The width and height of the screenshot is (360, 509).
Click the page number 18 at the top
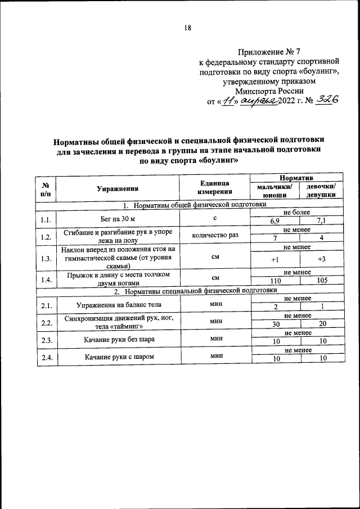click(x=187, y=29)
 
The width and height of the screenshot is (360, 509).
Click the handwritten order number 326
click(x=326, y=100)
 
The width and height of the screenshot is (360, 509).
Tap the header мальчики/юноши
click(x=274, y=191)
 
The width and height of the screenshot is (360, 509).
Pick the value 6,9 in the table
click(x=275, y=221)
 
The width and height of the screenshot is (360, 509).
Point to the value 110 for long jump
click(x=275, y=281)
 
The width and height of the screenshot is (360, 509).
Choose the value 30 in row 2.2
click(x=275, y=325)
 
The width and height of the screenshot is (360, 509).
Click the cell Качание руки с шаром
click(x=119, y=357)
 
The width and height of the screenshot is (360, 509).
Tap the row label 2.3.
click(x=47, y=339)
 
